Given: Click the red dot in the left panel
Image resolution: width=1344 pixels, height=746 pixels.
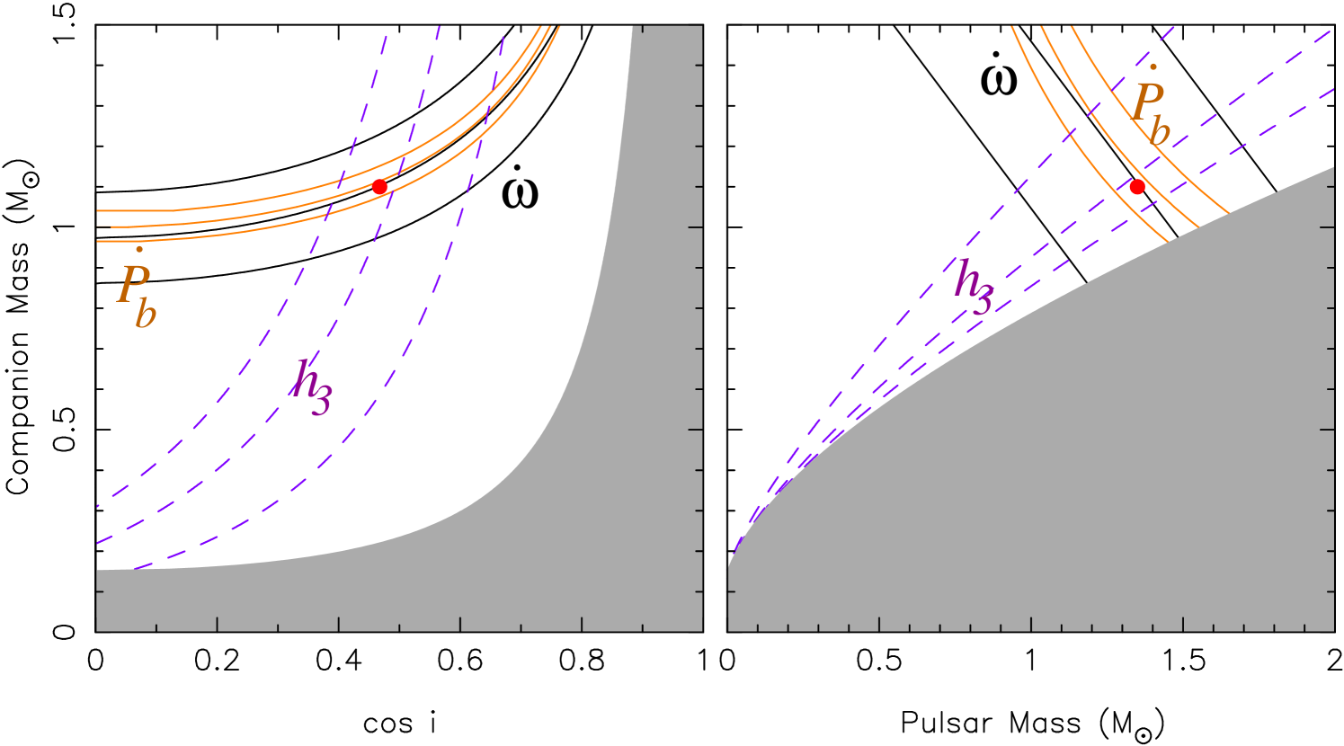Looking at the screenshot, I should point(379,187).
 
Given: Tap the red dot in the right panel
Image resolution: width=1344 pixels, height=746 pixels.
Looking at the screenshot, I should point(1137,187).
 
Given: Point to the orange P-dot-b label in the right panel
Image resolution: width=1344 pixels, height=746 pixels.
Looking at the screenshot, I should point(1150,106).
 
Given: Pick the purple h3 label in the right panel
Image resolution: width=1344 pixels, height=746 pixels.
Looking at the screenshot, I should point(974,287).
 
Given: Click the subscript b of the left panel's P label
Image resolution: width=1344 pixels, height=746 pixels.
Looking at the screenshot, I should point(146,314).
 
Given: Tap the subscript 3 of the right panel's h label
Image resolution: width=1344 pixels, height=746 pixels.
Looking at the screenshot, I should point(983,300).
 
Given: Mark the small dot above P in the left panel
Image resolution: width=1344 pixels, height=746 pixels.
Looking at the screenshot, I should point(138,249).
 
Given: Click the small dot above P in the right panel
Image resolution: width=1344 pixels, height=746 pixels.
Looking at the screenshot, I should point(1153,66).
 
